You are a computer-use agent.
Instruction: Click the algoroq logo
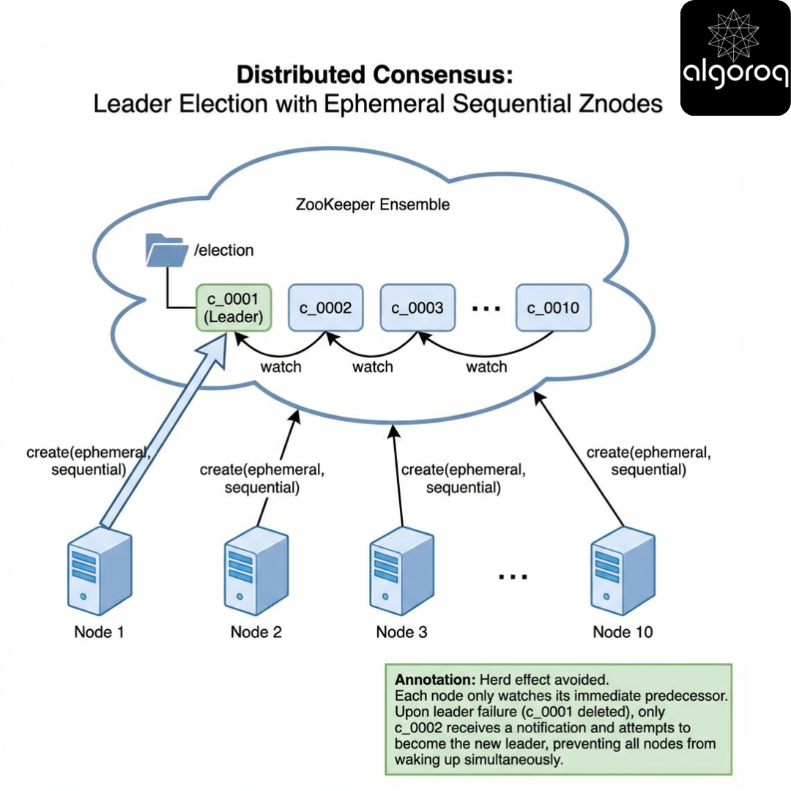click(735, 58)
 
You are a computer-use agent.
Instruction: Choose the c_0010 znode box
click(552, 308)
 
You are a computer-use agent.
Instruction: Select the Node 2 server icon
click(256, 571)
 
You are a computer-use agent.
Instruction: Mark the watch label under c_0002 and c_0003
click(373, 366)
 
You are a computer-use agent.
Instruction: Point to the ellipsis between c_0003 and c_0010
click(485, 308)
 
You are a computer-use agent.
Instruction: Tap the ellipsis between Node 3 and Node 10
click(513, 576)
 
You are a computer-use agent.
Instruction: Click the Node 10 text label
click(623, 631)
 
